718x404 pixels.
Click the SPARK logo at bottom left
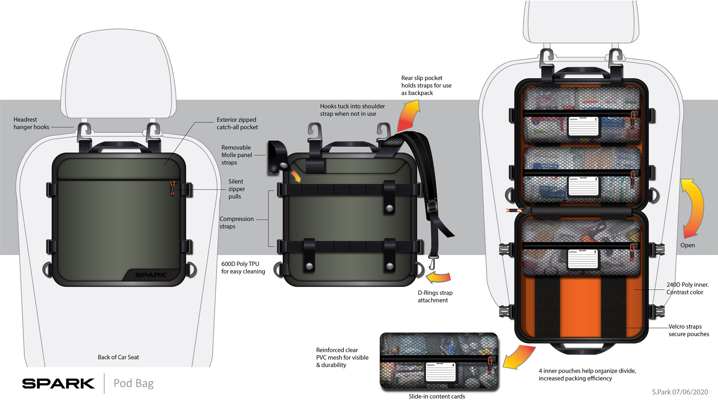tap(58, 384)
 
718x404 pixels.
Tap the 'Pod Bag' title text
tap(134, 383)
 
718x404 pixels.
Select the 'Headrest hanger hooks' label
tap(31, 123)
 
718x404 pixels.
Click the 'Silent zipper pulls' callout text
tap(236, 189)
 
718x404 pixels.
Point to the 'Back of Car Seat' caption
tap(118, 357)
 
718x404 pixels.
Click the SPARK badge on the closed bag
tap(150, 275)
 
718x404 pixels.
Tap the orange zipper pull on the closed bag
tap(172, 188)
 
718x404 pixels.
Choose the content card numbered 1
tap(583, 126)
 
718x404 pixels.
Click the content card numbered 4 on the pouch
tap(441, 372)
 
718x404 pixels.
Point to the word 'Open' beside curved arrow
tap(688, 245)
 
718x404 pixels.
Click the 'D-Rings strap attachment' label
tap(435, 296)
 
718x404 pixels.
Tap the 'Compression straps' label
tap(236, 223)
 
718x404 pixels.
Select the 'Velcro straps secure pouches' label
tap(688, 330)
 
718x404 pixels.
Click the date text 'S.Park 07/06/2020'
tap(680, 392)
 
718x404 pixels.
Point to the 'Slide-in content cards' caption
tap(437, 397)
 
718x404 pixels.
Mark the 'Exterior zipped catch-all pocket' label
tap(237, 123)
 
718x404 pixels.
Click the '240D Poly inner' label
tap(687, 288)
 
